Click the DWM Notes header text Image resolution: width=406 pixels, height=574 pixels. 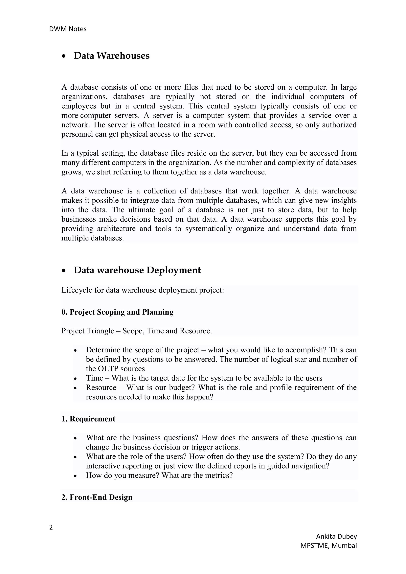(68, 29)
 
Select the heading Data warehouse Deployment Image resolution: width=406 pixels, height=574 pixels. (137, 270)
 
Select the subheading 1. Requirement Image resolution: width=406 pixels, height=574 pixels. (88, 419)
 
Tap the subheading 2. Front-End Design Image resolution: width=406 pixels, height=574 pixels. (97, 497)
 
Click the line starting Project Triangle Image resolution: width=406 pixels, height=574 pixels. (137, 331)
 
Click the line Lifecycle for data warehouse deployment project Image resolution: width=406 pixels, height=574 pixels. (143, 290)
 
